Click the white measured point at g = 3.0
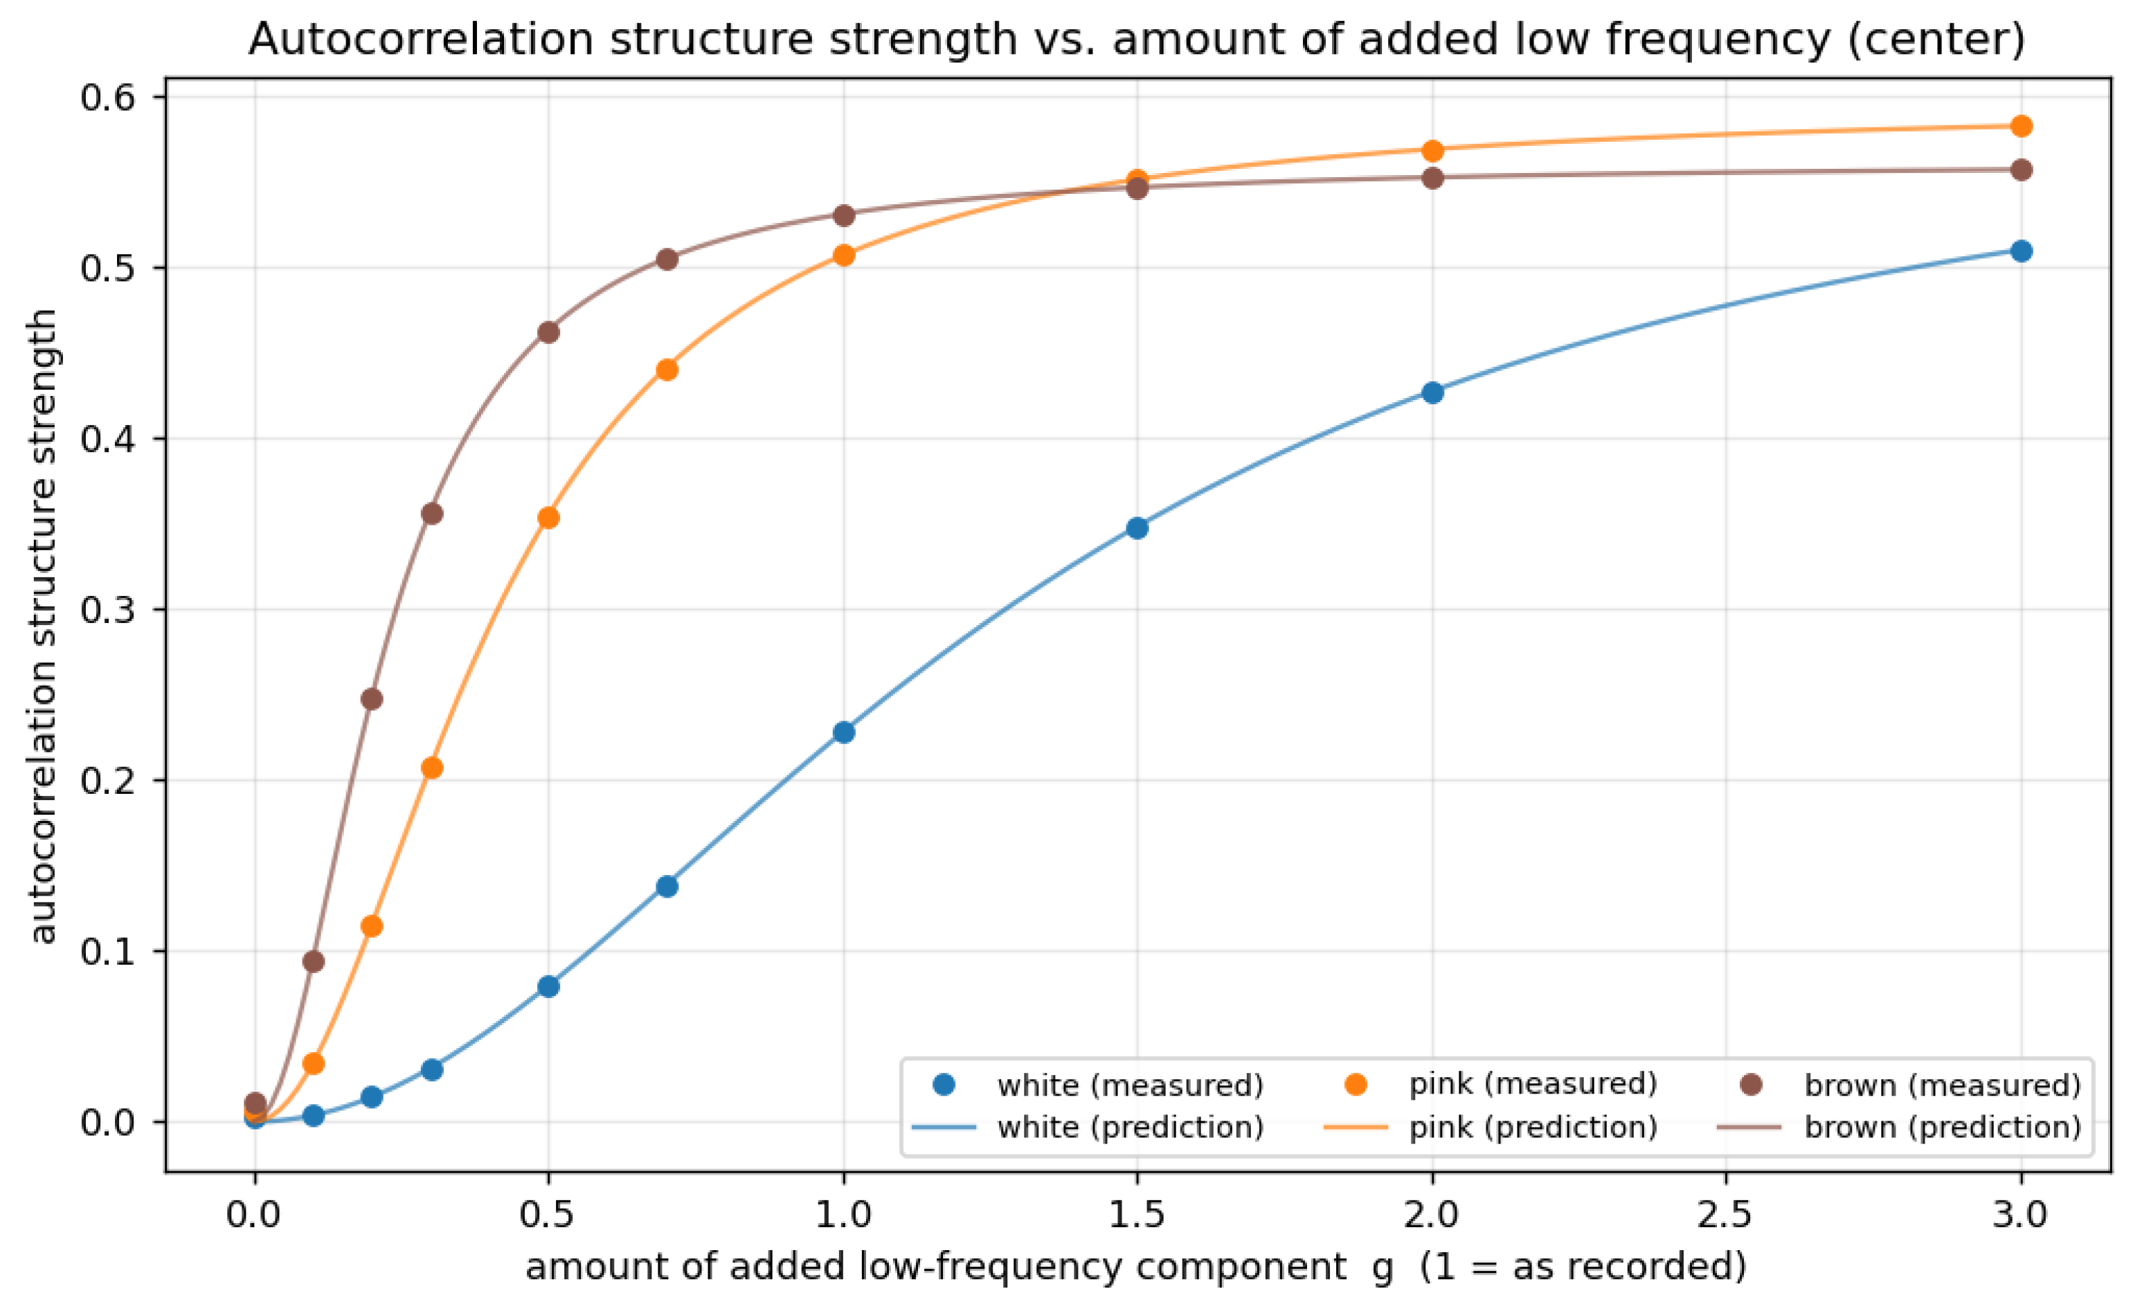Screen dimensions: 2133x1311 point(2021,251)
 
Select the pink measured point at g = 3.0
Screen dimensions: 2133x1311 point(2021,127)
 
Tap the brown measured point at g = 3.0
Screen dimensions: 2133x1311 point(2021,170)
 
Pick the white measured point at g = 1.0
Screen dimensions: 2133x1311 point(844,732)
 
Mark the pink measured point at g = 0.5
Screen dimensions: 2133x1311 point(549,518)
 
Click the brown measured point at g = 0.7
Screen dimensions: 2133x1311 point(667,260)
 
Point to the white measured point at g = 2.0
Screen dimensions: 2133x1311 point(1433,392)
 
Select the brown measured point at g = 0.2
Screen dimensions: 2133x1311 point(372,700)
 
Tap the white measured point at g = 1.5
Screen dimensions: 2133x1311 point(1137,529)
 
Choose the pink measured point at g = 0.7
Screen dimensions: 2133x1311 point(667,370)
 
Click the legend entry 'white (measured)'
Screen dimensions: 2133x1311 point(1088,1085)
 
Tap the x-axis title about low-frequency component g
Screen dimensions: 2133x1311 point(1137,1267)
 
